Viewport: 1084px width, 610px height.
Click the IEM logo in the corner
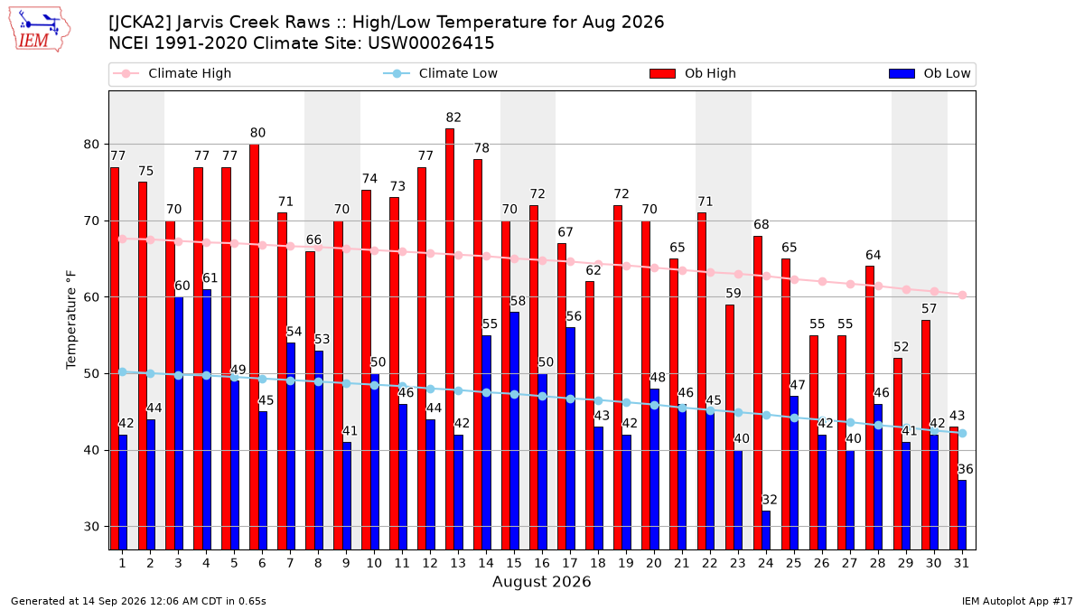40,30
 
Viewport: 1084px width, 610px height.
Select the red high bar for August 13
450,339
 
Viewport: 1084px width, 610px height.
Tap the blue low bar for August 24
766,530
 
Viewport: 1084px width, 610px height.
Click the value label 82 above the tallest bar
453,117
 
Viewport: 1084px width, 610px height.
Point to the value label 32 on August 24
770,500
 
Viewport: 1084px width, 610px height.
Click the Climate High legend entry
173,73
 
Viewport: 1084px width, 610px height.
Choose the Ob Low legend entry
930,73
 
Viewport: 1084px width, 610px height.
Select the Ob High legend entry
693,73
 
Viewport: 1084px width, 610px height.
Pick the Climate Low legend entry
441,73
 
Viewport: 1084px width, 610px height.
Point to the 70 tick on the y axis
91,221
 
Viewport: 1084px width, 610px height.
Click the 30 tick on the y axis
91,527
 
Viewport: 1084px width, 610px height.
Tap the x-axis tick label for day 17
570,563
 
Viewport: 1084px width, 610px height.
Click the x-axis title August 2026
541,581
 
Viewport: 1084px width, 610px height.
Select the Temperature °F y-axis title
71,320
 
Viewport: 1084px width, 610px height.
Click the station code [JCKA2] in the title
139,23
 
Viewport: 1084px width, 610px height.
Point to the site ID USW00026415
431,43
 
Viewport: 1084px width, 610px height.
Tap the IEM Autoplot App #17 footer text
1017,601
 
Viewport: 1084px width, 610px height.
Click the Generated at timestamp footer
138,601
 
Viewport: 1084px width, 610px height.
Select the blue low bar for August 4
207,419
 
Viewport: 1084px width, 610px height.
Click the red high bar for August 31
953,488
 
